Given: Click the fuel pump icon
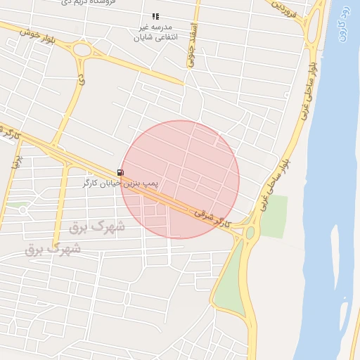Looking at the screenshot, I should click(x=121, y=172).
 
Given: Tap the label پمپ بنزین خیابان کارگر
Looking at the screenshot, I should click(x=121, y=183).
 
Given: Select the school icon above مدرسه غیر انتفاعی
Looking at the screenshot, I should click(x=155, y=16).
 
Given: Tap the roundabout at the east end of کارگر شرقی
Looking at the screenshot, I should click(x=250, y=232).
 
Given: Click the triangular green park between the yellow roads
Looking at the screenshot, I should click(x=229, y=281).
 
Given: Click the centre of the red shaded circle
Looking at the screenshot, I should click(x=180, y=179).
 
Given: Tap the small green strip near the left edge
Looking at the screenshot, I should click(x=17, y=205).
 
